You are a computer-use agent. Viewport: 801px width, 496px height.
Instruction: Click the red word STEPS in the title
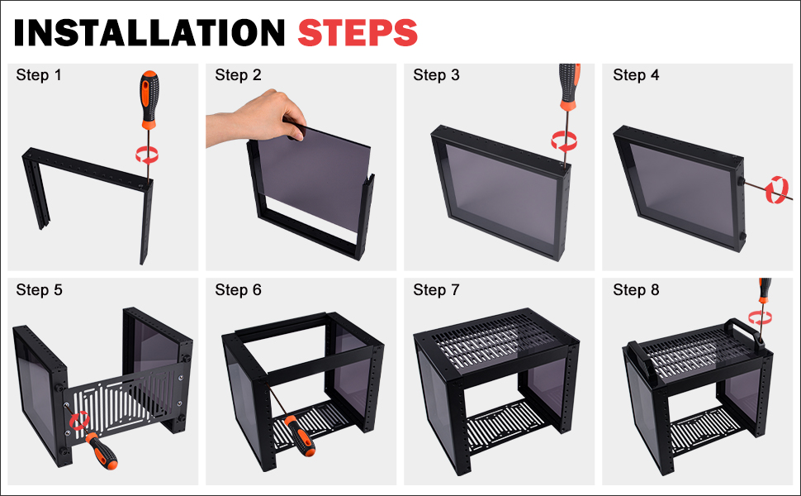(357, 32)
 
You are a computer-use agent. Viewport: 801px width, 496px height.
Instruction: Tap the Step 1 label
(39, 75)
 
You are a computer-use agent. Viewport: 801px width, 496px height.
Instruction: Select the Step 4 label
(636, 75)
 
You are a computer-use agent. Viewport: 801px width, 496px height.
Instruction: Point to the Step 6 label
(238, 290)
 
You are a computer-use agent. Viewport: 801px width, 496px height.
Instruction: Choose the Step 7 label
(436, 290)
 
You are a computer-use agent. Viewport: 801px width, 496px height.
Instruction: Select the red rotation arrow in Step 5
(78, 420)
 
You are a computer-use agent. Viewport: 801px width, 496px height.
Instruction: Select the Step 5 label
(39, 290)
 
